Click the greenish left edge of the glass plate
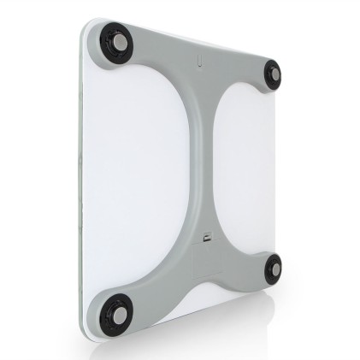[81, 171]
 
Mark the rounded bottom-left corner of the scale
[89, 329]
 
